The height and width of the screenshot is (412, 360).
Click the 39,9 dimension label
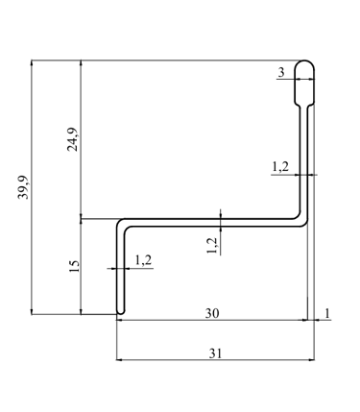point(23,187)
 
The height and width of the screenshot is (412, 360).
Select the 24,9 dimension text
point(72,139)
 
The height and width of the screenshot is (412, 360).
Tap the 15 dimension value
point(74,266)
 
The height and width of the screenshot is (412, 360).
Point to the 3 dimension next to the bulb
point(281,73)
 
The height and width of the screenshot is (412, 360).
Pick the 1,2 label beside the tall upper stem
point(280,167)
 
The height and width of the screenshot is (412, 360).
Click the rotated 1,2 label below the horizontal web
point(212,246)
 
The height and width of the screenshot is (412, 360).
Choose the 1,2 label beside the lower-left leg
point(143,260)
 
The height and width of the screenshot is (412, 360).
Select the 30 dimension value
point(212,313)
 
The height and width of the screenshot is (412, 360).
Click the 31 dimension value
point(215,353)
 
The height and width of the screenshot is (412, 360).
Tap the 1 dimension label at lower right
point(327,313)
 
